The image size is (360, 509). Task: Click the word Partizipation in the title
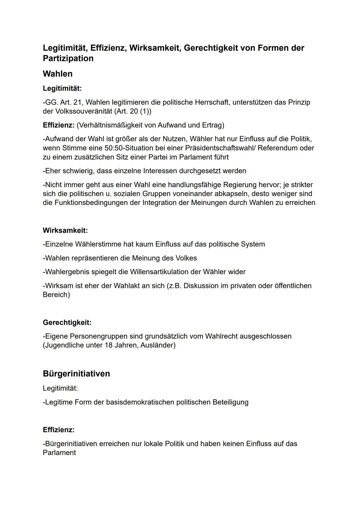68,58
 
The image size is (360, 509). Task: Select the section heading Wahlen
58,74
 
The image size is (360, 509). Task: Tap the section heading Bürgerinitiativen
76,374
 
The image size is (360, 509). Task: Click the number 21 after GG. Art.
77,102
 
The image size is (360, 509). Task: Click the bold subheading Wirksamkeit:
65,230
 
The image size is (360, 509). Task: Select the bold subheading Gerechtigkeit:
67,322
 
